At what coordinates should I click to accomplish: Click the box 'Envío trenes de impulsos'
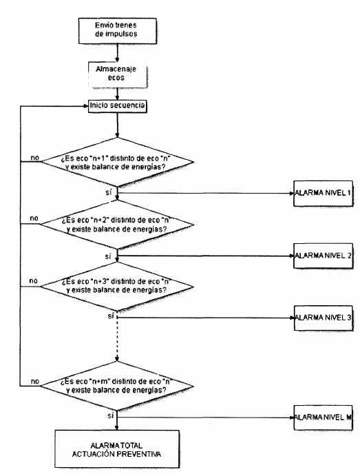pyautogui.click(x=118, y=31)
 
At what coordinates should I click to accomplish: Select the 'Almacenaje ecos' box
pyautogui.click(x=118, y=75)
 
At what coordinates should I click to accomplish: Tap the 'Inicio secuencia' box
pyautogui.click(x=118, y=106)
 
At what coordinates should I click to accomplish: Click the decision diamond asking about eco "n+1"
pyautogui.click(x=117, y=163)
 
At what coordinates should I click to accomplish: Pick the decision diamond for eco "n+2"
pyautogui.click(x=117, y=225)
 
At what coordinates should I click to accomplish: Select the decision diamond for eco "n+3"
pyautogui.click(x=117, y=287)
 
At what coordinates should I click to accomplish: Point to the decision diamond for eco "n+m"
pyautogui.click(x=117, y=386)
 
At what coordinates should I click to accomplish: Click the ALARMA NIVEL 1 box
pyautogui.click(x=323, y=194)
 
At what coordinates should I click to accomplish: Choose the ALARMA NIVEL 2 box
pyautogui.click(x=323, y=256)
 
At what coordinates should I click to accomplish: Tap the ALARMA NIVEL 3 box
pyautogui.click(x=323, y=318)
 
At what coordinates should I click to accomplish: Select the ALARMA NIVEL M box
pyautogui.click(x=323, y=418)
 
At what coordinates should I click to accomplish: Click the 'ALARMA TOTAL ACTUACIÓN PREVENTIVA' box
pyautogui.click(x=117, y=449)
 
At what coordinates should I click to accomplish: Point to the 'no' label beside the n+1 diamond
pyautogui.click(x=34, y=158)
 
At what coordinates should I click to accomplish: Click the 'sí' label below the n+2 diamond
pyautogui.click(x=108, y=257)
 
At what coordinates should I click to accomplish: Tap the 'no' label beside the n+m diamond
pyautogui.click(x=34, y=382)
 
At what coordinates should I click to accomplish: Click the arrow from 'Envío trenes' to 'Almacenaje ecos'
pyautogui.click(x=118, y=53)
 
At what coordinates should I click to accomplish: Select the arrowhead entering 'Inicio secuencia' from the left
pyautogui.click(x=86, y=106)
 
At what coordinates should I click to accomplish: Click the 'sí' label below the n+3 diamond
pyautogui.click(x=111, y=316)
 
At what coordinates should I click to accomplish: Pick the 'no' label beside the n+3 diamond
pyautogui.click(x=34, y=281)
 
